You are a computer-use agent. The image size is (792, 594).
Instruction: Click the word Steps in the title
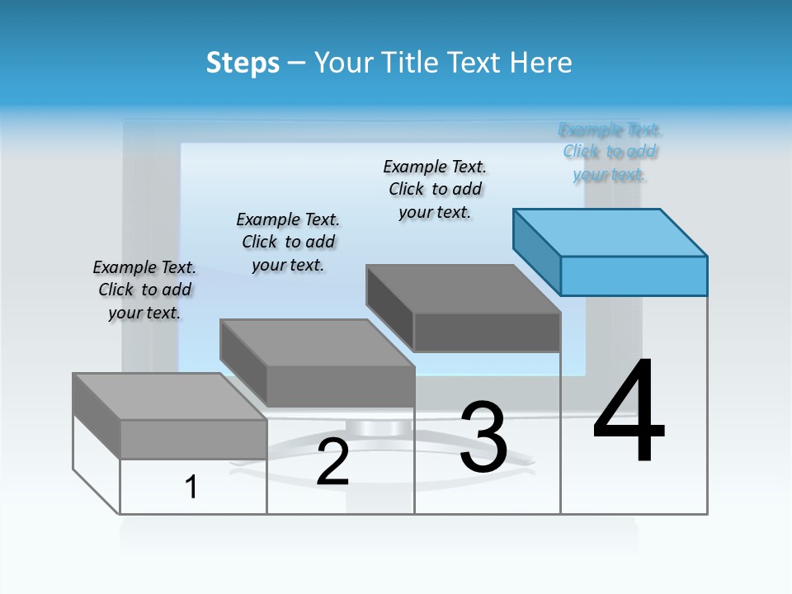[x=243, y=63]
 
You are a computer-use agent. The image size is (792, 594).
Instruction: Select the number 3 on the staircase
[x=483, y=438]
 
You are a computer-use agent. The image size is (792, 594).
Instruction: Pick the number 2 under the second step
[x=332, y=463]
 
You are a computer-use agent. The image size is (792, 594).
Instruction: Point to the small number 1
[x=191, y=487]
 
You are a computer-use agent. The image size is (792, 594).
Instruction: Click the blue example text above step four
[x=610, y=152]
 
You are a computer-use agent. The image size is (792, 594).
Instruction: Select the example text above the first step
[x=144, y=290]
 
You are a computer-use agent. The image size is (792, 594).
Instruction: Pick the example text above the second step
[x=288, y=242]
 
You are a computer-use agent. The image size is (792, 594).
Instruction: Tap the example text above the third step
[x=435, y=189]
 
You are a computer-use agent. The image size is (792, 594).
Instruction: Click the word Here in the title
[x=540, y=63]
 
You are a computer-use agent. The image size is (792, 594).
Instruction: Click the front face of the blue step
[x=634, y=276]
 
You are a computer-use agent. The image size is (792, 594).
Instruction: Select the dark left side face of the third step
[x=389, y=308]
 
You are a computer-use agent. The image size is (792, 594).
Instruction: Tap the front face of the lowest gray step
[x=193, y=439]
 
